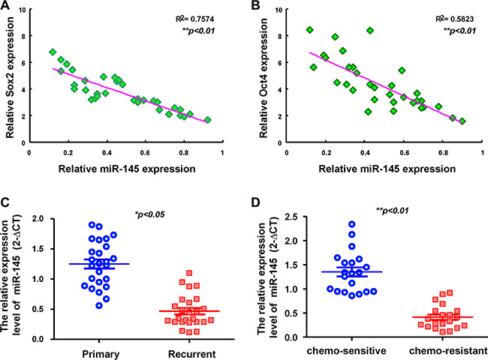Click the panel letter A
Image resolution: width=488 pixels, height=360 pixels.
pyautogui.click(x=6, y=8)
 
